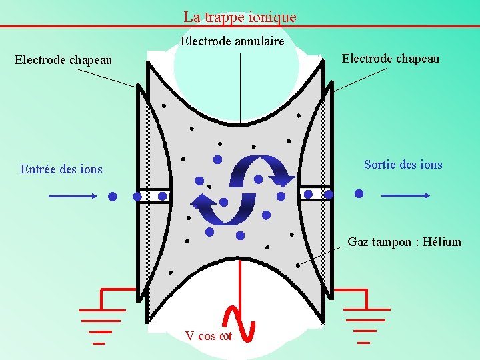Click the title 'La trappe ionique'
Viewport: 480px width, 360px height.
tap(240, 17)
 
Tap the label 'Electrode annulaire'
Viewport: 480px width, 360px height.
tap(233, 41)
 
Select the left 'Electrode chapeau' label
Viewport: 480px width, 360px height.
tap(63, 60)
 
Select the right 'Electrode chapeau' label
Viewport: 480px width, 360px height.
tap(391, 58)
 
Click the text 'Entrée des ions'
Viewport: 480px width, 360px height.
tap(61, 169)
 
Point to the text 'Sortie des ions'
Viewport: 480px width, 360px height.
tap(403, 165)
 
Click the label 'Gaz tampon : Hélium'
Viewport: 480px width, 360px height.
tap(404, 242)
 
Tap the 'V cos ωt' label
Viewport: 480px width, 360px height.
tap(209, 336)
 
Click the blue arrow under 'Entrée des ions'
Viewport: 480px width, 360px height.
tap(73, 196)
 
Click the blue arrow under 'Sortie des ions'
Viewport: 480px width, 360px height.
tap(405, 195)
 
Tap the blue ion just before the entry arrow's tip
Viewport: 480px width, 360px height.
tap(113, 197)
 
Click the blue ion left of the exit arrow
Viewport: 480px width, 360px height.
tap(359, 194)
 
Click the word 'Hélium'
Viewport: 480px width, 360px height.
tap(439, 242)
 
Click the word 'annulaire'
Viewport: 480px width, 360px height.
tap(259, 41)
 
